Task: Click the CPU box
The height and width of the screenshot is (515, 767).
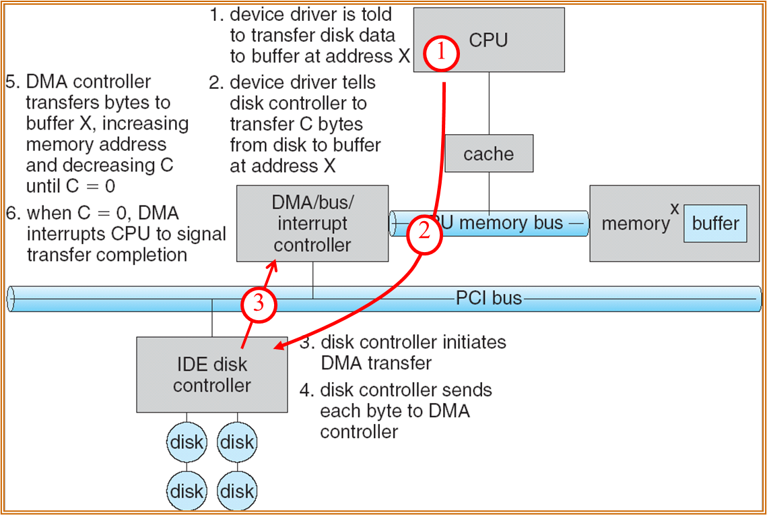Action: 489,40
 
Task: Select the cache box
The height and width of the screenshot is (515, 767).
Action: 489,153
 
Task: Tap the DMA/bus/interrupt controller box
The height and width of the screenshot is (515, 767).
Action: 312,223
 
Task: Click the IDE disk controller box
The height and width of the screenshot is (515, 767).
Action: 212,375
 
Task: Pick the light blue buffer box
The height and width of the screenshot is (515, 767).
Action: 715,223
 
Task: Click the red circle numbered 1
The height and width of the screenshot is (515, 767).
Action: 441,53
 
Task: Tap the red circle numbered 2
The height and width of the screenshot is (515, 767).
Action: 424,235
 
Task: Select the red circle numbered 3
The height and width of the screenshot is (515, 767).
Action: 259,305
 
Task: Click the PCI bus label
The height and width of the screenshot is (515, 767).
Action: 489,298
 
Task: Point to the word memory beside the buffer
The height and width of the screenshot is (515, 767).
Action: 636,224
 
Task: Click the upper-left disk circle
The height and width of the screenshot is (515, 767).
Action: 187,442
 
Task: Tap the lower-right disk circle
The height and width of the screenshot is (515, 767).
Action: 237,491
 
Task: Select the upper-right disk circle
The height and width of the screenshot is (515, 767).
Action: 237,442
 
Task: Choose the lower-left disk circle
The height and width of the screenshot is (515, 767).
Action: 187,491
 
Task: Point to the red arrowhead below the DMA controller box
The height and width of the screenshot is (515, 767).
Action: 272,267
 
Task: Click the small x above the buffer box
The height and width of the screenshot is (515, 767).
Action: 675,209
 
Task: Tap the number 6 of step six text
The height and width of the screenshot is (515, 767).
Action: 11,213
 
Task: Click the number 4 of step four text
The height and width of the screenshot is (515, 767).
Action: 305,390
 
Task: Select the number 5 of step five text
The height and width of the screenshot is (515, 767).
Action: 11,82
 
